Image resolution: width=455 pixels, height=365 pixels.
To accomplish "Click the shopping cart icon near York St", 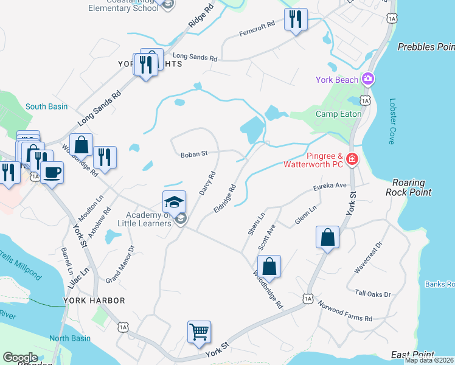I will (x=199, y=332).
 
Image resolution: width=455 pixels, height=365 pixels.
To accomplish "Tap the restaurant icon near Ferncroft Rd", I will (x=296, y=19).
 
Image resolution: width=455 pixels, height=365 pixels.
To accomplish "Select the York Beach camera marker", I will (x=367, y=79).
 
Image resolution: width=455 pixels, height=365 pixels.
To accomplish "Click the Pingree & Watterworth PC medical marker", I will (x=352, y=160).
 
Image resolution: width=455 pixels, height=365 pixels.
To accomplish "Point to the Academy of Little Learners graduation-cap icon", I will (x=174, y=202).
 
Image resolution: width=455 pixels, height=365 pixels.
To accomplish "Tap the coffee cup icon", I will (x=52, y=172).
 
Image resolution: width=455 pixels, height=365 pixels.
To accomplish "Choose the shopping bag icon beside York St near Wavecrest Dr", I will (x=327, y=237).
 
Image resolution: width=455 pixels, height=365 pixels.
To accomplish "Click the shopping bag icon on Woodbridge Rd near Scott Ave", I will (x=269, y=266).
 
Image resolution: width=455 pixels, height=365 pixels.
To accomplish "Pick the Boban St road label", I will (x=194, y=155).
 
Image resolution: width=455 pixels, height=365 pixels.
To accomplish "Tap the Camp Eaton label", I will (x=339, y=114).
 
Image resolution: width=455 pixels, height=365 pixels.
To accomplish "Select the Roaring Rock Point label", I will (x=412, y=187).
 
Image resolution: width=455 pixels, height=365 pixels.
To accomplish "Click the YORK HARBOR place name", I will (x=94, y=301).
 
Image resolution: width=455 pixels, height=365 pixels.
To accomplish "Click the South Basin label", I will (x=47, y=106).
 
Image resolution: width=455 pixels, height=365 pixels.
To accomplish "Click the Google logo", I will (x=20, y=358).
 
